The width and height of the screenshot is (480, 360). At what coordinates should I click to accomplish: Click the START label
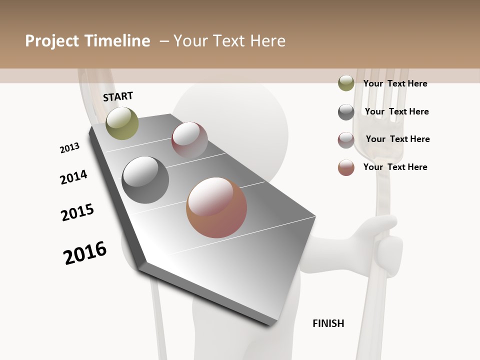[x=118, y=96]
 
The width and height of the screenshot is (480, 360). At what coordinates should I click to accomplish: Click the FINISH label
[x=328, y=323]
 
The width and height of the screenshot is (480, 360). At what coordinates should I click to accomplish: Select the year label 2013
[x=69, y=148]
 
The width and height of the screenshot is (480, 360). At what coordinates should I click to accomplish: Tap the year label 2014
[x=73, y=177]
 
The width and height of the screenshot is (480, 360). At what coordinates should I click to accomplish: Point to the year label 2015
[x=77, y=212]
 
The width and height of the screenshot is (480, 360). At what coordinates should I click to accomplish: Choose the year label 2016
[x=85, y=253]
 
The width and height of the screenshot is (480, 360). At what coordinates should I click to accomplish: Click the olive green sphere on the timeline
[x=122, y=123]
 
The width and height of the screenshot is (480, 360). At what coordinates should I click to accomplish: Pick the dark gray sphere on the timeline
[x=145, y=180]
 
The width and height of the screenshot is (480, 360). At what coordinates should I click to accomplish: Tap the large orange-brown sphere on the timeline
[x=216, y=207]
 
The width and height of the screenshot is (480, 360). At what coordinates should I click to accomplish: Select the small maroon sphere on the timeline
[x=189, y=139]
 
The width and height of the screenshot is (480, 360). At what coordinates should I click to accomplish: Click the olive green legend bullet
[x=346, y=83]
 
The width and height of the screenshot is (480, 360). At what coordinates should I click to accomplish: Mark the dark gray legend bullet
[x=346, y=112]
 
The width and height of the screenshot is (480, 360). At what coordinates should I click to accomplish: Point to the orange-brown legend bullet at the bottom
[x=346, y=167]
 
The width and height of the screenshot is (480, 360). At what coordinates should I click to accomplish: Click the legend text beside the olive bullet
[x=395, y=83]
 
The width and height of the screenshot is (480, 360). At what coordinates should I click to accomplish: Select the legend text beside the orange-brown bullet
[x=395, y=167]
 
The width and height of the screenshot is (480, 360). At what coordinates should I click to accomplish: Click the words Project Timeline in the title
[x=87, y=41]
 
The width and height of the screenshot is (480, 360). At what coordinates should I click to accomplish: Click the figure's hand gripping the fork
[x=382, y=245]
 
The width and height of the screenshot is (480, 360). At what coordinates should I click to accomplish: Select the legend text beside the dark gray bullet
[x=396, y=111]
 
